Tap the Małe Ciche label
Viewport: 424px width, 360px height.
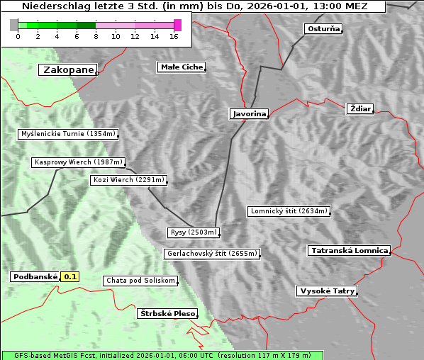tap(182, 67)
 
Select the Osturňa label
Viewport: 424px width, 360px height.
tap(323, 29)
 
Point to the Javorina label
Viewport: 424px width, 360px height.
tap(249, 113)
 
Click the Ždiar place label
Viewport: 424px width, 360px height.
tap(359, 108)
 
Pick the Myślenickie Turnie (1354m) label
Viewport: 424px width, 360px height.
tap(67, 133)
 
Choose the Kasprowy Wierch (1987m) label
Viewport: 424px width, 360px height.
tap(79, 162)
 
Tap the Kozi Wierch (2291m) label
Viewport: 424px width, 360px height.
tap(129, 180)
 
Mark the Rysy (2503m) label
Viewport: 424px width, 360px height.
tap(194, 232)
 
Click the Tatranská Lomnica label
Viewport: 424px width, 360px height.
tap(350, 251)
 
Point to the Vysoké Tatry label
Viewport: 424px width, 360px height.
tap(327, 291)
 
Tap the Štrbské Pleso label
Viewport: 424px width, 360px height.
tap(167, 313)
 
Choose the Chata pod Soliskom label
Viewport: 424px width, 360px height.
tap(140, 281)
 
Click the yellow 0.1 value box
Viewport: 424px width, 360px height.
tap(70, 277)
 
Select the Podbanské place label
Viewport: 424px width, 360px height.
tap(35, 277)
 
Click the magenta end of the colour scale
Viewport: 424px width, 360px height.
tap(177, 25)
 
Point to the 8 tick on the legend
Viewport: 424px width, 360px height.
tap(96, 35)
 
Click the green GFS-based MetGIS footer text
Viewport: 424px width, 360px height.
tap(162, 355)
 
